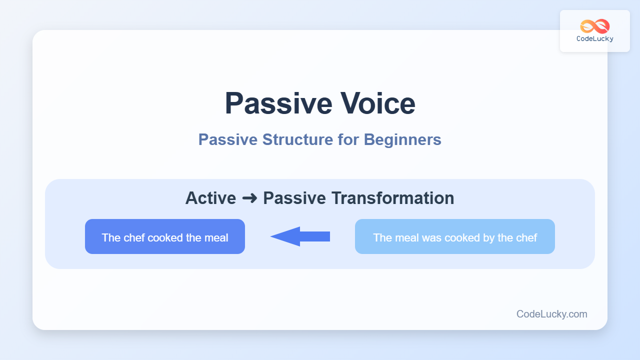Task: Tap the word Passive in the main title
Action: click(x=278, y=103)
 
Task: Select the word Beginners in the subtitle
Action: click(x=402, y=140)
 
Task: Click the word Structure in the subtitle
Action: click(x=297, y=139)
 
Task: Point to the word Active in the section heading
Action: click(x=210, y=198)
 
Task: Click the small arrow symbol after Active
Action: click(x=249, y=198)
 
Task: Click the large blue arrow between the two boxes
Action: click(x=300, y=236)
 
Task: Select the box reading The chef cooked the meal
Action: click(x=165, y=236)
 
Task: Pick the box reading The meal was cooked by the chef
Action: click(x=455, y=236)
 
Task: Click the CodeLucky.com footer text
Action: click(x=551, y=314)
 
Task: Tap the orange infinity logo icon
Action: click(x=595, y=26)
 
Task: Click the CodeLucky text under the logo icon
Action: click(x=595, y=39)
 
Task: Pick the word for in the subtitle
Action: click(x=348, y=139)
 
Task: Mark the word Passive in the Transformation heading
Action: click(x=294, y=198)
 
